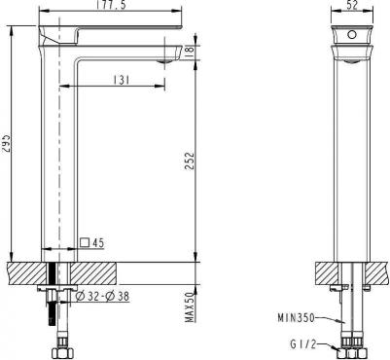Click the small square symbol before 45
[85, 243]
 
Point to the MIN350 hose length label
[295, 317]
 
